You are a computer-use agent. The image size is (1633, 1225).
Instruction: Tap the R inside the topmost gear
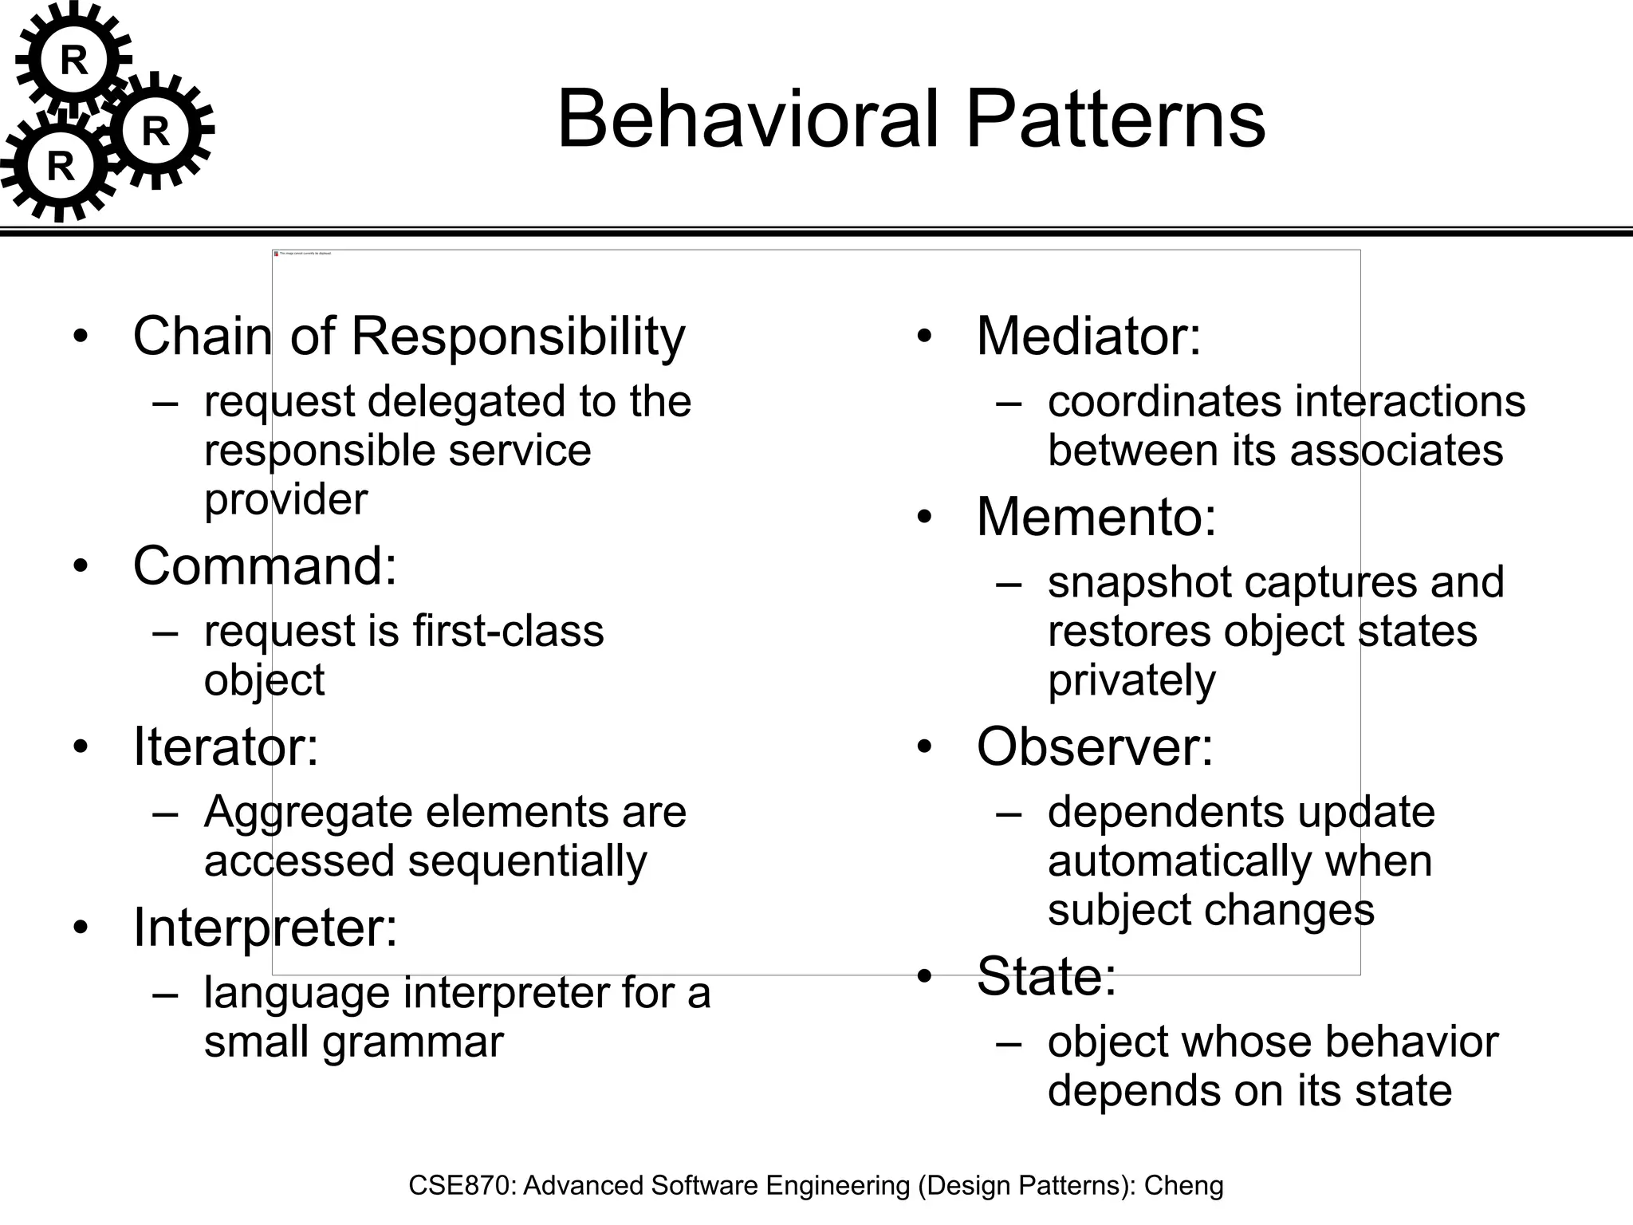[73, 61]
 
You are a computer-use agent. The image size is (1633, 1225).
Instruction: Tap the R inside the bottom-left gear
[61, 167]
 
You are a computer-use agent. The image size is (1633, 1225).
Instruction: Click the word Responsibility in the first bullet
[517, 337]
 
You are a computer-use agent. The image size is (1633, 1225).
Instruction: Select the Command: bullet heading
[265, 566]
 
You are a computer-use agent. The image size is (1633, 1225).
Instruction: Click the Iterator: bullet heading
[226, 747]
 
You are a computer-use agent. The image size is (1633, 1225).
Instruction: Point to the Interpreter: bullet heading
[265, 928]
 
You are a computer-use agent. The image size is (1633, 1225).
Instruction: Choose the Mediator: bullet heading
[1088, 337]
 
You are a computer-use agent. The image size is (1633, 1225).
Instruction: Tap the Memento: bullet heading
[1096, 518]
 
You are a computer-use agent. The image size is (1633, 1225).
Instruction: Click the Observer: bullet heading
[1095, 747]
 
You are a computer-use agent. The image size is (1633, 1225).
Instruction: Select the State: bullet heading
[1046, 976]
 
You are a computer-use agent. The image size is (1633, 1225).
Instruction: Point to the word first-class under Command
[508, 632]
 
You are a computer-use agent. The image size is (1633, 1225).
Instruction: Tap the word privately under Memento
[1131, 681]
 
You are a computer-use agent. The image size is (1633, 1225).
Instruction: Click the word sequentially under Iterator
[527, 862]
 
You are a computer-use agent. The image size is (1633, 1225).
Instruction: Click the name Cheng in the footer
[1183, 1186]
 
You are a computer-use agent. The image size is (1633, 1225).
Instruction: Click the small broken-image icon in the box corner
[277, 254]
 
